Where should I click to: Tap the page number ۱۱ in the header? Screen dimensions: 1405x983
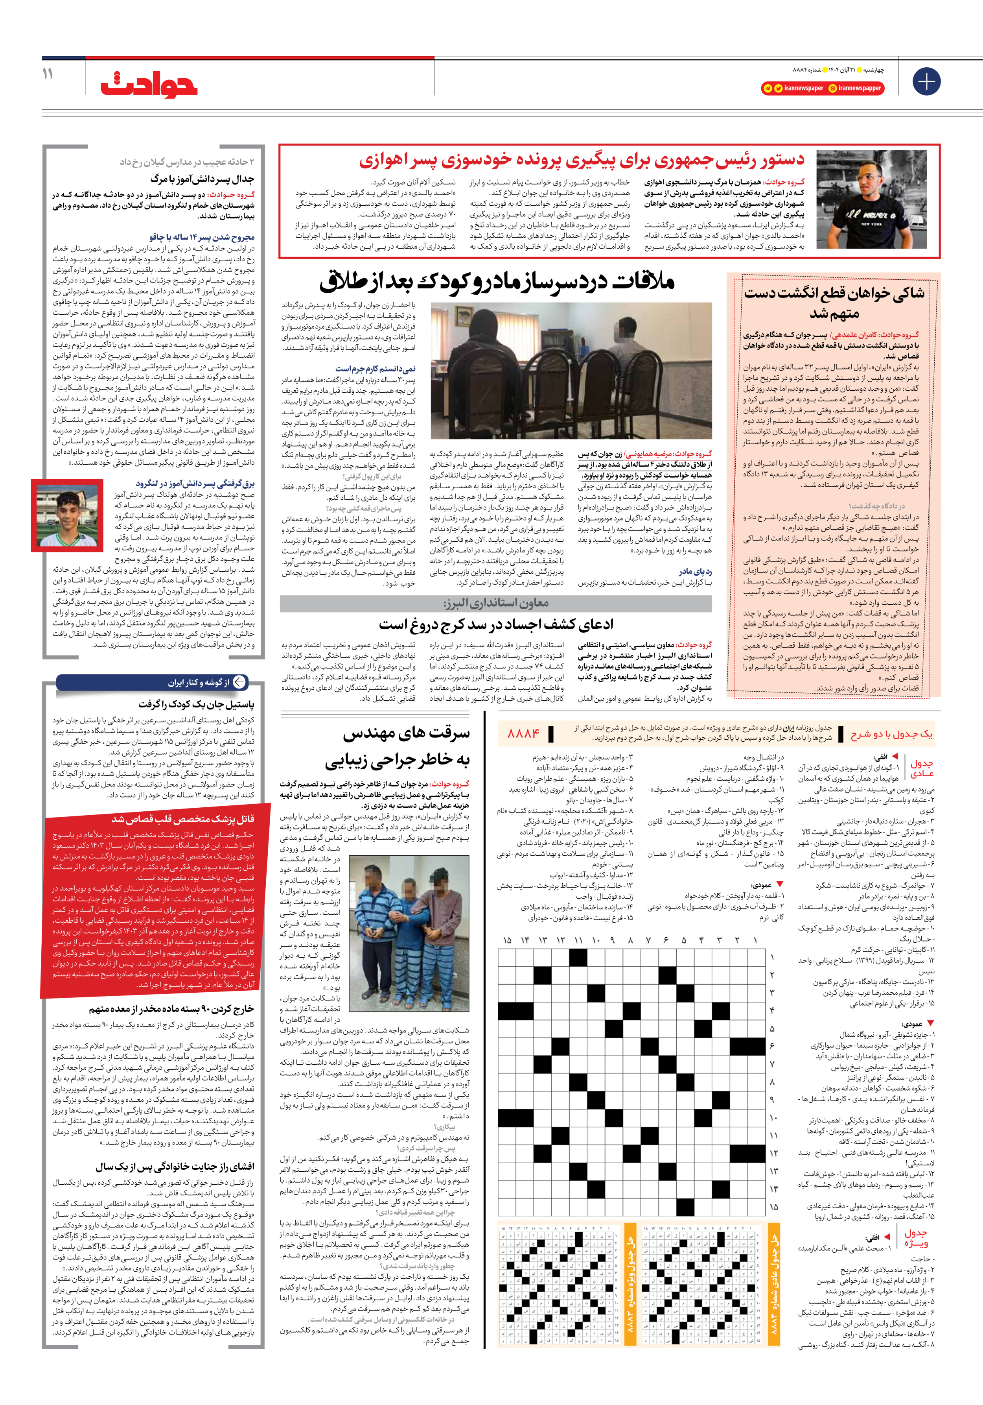point(48,75)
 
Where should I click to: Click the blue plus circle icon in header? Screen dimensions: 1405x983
point(926,81)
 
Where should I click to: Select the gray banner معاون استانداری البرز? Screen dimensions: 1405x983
point(495,603)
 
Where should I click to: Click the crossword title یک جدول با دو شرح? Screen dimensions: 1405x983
point(891,734)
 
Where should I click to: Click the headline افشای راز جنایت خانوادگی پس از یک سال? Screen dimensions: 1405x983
point(174,1166)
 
